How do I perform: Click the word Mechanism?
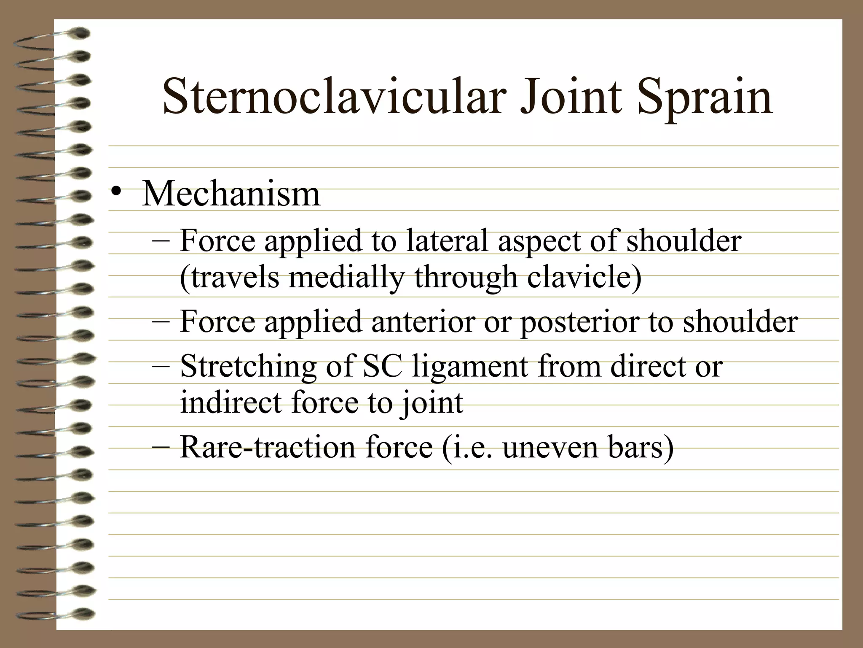click(231, 194)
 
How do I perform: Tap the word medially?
click(346, 278)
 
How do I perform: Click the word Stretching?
click(248, 366)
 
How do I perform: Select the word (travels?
click(230, 278)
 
